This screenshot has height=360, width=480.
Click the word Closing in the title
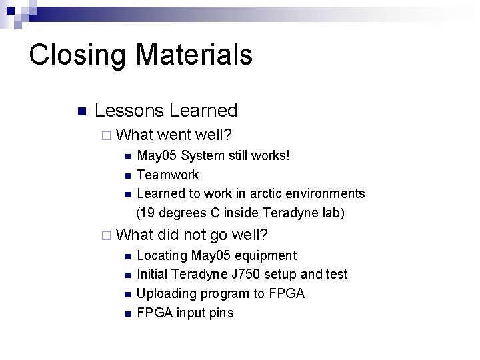pos(71,55)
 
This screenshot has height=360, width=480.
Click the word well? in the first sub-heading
pos(214,135)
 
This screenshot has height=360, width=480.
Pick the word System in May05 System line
pos(204,156)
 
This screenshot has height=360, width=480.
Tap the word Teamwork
pos(167,175)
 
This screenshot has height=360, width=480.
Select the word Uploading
pos(166,293)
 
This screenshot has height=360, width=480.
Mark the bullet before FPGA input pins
pos(127,313)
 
